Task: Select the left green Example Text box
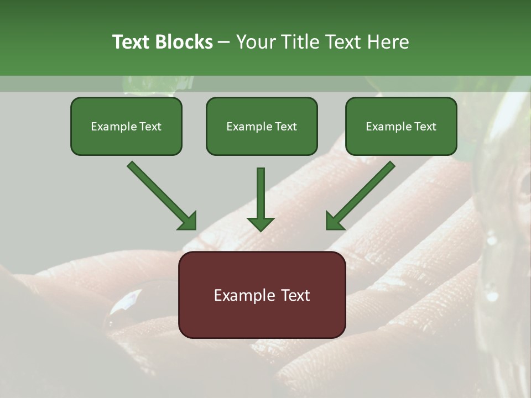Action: tap(126, 127)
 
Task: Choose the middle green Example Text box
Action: tap(262, 127)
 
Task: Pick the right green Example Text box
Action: tap(401, 127)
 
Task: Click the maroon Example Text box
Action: tap(262, 295)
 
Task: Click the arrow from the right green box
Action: tap(361, 195)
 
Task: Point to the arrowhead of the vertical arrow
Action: tap(261, 223)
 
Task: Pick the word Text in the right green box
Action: tap(425, 127)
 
